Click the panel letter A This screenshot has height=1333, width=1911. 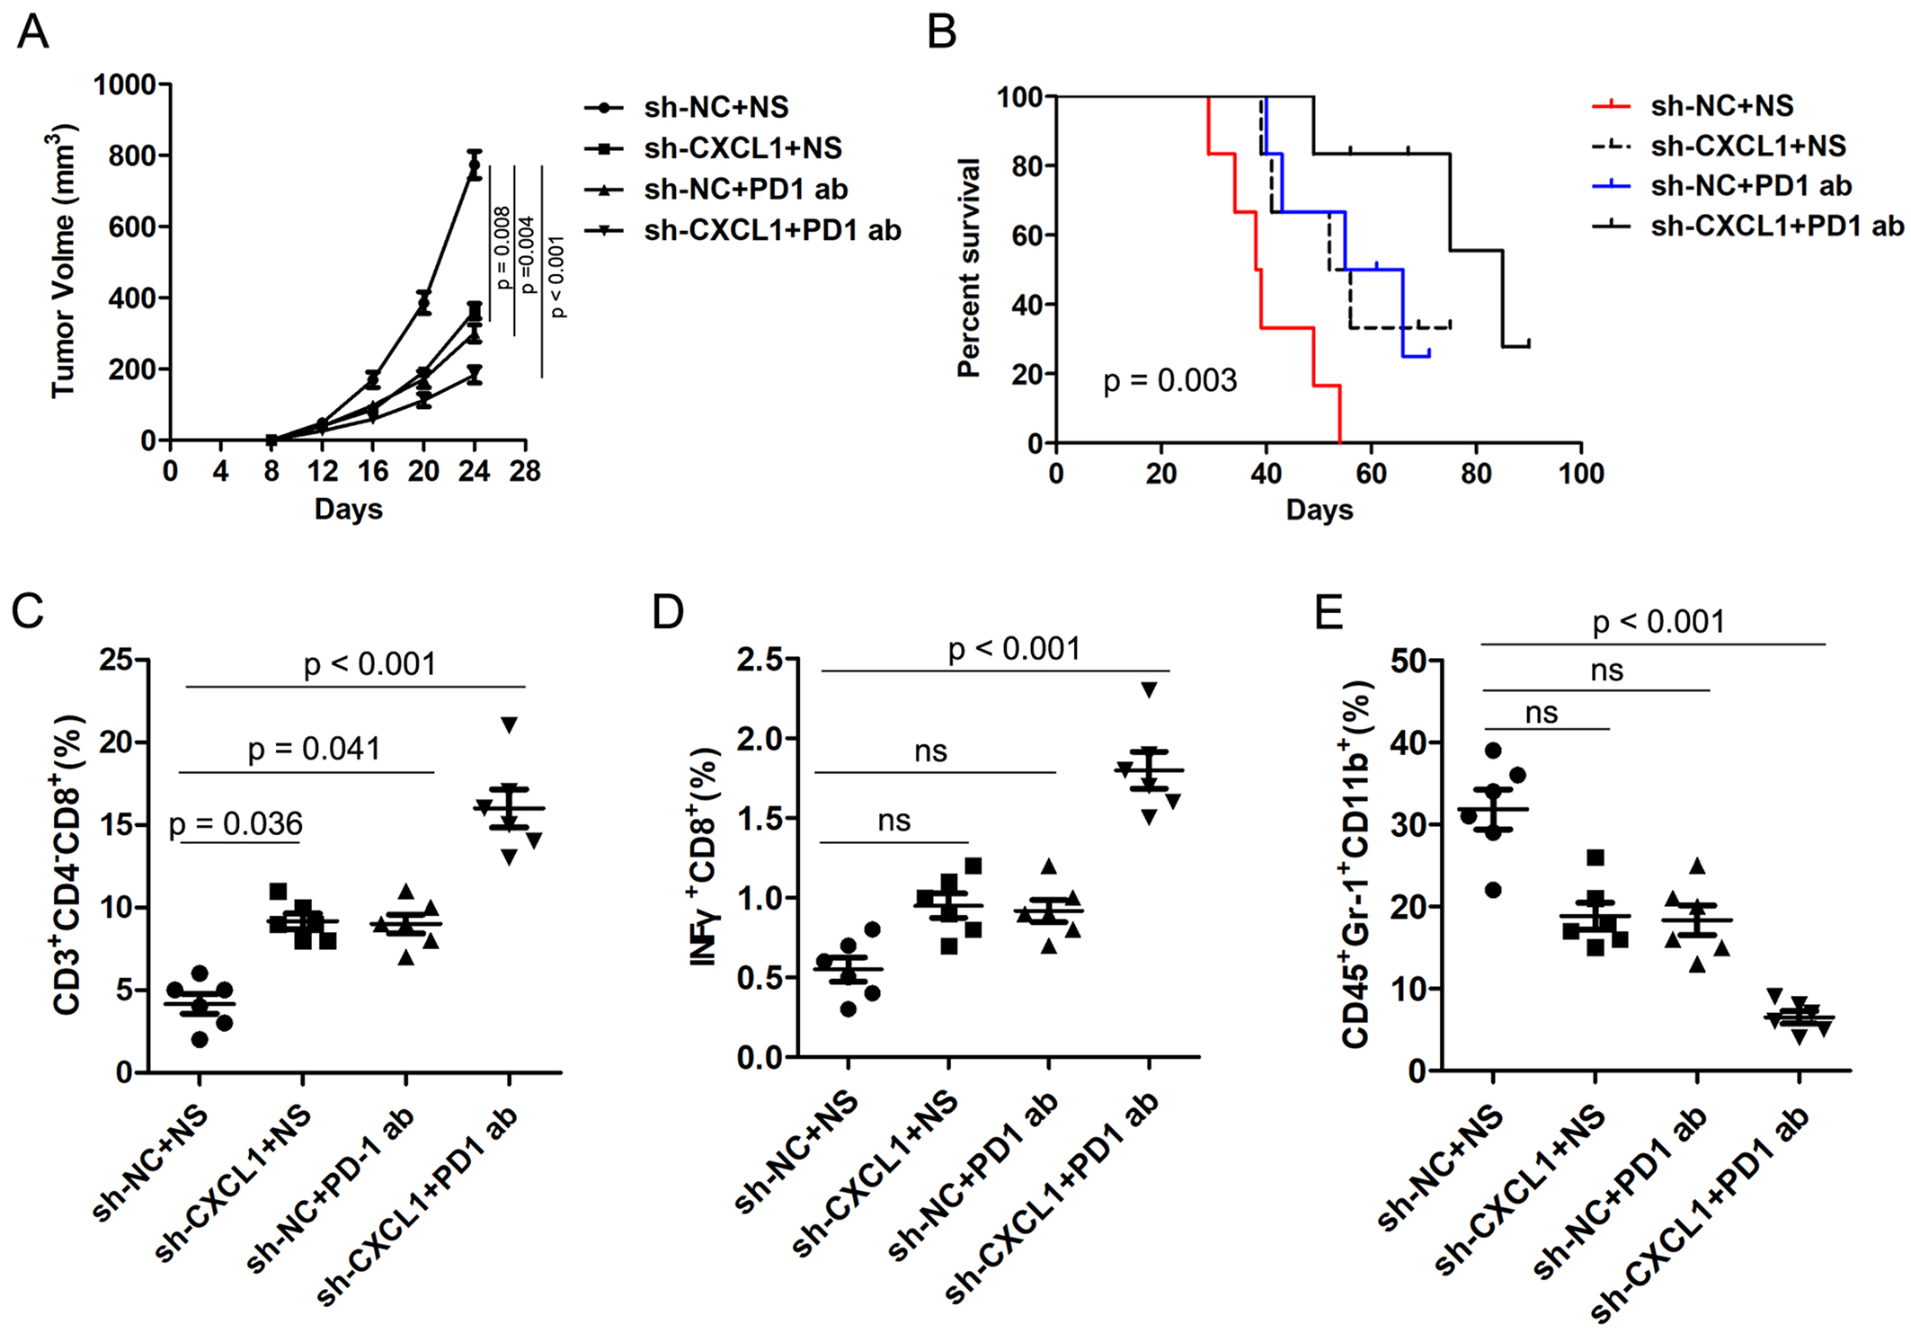pos(33,33)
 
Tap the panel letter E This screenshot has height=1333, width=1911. pos(1329,612)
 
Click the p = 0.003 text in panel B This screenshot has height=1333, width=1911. pos(1169,381)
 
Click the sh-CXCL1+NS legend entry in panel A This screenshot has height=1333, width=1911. pos(742,148)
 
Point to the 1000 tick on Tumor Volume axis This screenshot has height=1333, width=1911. pos(125,84)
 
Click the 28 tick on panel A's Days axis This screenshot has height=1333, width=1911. pos(525,471)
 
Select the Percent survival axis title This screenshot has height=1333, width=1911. pos(968,268)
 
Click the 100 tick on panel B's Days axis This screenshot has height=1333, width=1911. pos(1580,474)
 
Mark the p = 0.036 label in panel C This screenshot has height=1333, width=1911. pos(236,823)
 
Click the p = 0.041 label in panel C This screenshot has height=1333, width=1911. pos(314,749)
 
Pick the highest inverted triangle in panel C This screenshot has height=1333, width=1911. pos(510,724)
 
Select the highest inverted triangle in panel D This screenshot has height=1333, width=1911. pos(1150,689)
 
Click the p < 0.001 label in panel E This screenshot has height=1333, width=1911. pos(1658,622)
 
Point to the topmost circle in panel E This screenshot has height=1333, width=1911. pos(1493,751)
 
